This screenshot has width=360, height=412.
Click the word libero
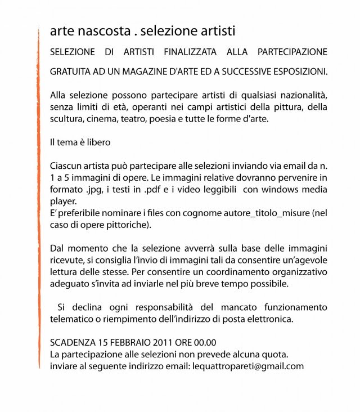point(97,143)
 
